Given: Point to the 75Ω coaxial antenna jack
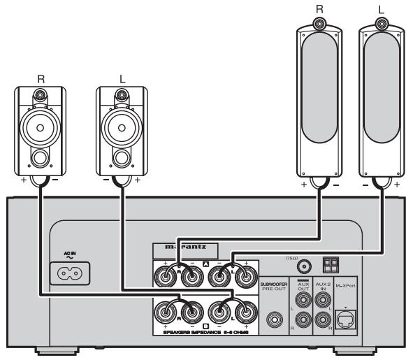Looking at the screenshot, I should [304, 266].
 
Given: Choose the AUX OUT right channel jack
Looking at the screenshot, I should [303, 321].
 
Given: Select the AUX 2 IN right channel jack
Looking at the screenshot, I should [323, 321].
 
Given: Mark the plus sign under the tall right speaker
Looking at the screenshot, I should [304, 187].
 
